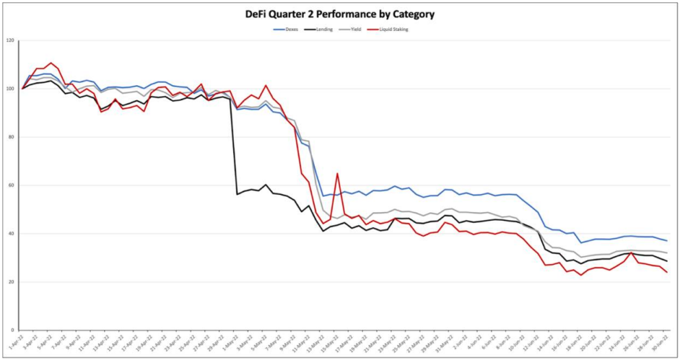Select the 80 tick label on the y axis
(11, 137)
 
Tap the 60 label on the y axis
(11, 185)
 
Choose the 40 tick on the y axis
(11, 234)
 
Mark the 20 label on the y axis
(11, 282)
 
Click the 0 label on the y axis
(12, 330)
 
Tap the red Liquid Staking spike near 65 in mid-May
(337, 174)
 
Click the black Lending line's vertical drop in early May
(234, 144)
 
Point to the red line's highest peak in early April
(51, 63)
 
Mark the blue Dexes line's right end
(666, 241)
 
